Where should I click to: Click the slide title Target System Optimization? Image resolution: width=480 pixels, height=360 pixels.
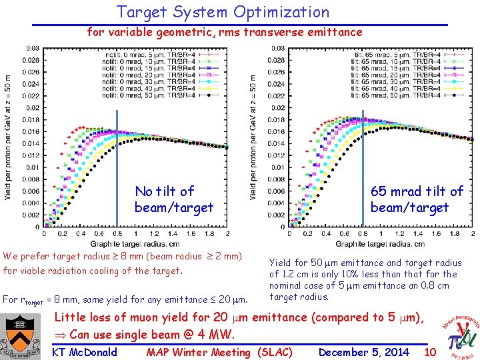tap(223, 12)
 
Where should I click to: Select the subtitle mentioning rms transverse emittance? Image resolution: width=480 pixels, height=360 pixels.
tap(225, 31)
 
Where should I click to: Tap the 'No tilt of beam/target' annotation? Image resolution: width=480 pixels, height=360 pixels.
tap(173, 199)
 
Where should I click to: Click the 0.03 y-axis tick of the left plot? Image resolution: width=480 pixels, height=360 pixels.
tap(32, 48)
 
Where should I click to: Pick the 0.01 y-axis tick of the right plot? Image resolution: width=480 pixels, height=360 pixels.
tap(276, 167)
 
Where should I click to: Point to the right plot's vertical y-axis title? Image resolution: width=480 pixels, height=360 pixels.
tap(254, 137)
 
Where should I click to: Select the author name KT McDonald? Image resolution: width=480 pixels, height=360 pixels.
tap(84, 352)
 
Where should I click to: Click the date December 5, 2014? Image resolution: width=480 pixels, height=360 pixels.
tap(364, 352)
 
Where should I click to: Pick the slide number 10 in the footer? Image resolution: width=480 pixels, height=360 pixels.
tap(430, 351)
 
